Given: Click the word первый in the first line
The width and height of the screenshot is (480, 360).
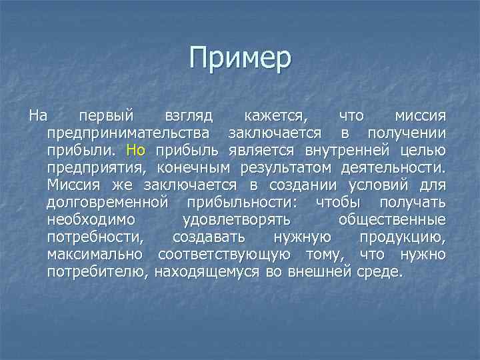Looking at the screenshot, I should (x=107, y=115).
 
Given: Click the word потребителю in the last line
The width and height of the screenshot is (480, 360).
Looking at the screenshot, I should (x=99, y=271).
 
